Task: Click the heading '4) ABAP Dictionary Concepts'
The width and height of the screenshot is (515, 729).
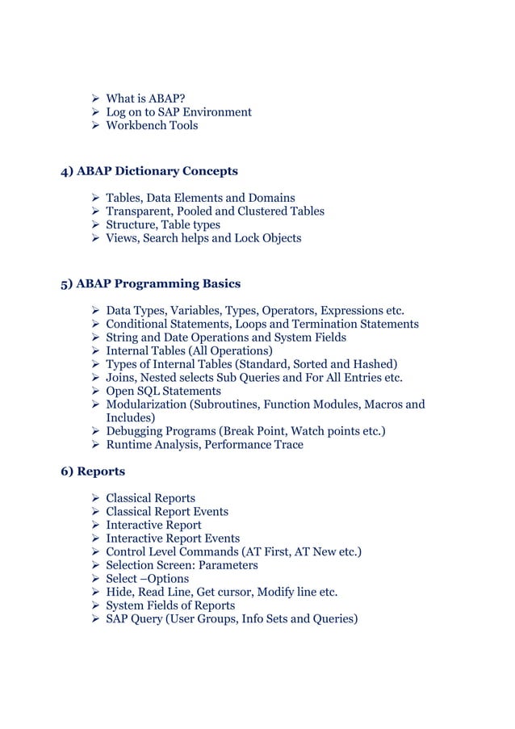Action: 149,171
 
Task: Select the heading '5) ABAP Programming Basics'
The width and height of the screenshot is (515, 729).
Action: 151,283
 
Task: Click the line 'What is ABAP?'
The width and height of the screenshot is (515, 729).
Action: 146,99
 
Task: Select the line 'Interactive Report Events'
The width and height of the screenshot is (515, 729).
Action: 172,538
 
